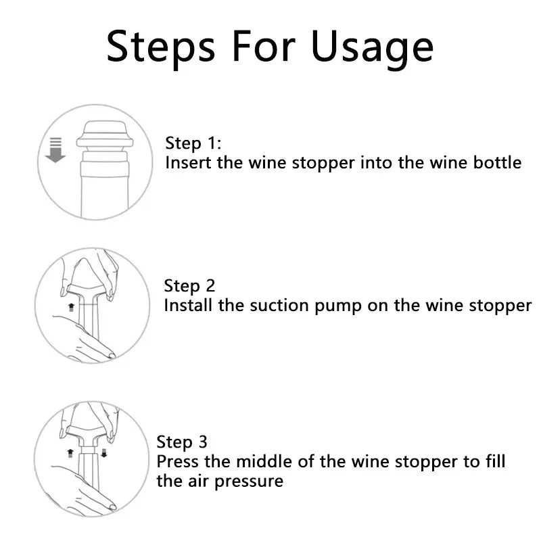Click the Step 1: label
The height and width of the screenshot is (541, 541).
coord(193,143)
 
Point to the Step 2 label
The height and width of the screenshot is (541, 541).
coord(190,286)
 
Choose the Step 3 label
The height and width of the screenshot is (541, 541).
coord(182,442)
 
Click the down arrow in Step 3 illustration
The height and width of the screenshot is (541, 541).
coord(103,452)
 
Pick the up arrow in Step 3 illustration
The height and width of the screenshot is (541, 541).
coord(70,450)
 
